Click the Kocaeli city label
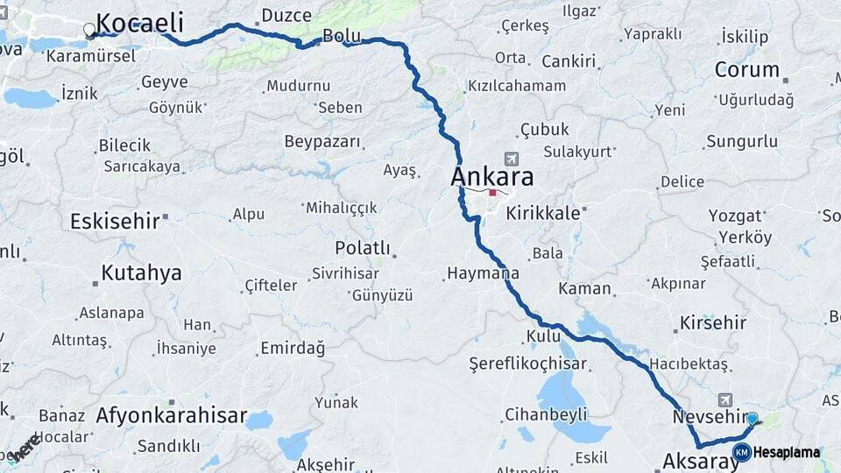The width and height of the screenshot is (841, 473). (x=139, y=24)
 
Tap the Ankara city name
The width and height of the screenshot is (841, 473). (x=491, y=177)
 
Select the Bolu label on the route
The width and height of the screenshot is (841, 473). (x=342, y=37)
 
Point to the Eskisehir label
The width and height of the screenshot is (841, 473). (x=115, y=221)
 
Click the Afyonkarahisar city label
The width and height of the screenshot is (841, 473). (x=171, y=415)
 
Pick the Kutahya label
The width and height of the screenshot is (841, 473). (x=141, y=272)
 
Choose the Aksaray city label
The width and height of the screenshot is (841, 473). (x=701, y=461)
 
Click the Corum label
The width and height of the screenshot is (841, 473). (x=746, y=69)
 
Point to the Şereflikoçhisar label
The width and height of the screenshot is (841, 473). (x=527, y=363)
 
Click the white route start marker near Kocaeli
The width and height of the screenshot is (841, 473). (x=89, y=31)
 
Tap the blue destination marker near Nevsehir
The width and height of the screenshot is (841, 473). (x=752, y=419)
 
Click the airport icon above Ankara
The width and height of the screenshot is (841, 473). (x=512, y=159)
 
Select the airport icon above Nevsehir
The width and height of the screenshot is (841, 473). (x=724, y=399)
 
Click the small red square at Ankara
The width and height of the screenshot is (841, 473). (x=493, y=194)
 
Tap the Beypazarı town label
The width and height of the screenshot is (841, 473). (x=322, y=141)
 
